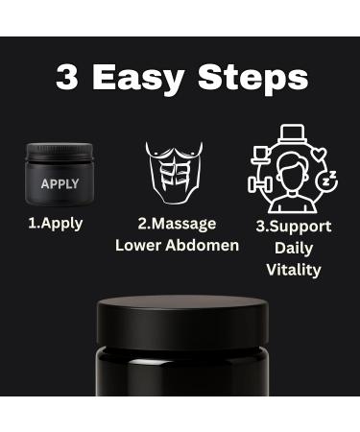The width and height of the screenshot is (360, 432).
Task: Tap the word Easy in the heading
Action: click(x=143, y=78)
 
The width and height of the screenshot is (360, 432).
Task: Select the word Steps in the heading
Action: click(x=255, y=78)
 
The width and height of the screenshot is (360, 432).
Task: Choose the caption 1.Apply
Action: click(x=54, y=224)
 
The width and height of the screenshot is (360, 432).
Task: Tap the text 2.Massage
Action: click(x=177, y=224)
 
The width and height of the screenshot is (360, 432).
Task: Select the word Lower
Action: click(x=137, y=245)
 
